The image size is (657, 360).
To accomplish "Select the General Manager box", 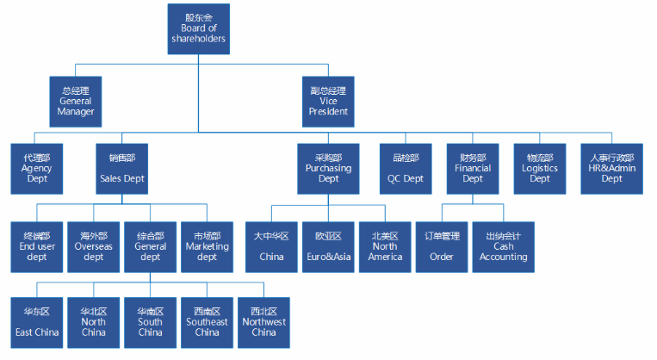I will (75, 100).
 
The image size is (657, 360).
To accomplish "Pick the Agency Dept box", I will (36, 168).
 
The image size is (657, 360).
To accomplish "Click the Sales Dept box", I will (121, 168).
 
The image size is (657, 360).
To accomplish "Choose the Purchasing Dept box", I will (328, 168).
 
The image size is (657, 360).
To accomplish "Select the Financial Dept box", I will (473, 168).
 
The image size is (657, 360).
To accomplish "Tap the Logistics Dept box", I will (540, 168).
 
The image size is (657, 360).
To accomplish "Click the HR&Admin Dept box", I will (611, 168).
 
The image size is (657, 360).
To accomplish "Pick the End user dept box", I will (36, 245).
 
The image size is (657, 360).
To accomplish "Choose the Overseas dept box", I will (93, 245).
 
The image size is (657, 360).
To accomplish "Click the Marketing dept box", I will (207, 245).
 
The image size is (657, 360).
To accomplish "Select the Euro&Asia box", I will (328, 245).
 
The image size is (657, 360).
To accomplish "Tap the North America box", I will (385, 245).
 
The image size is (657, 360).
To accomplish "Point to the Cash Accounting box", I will (504, 245).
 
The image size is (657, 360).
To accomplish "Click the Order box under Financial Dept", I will (442, 245).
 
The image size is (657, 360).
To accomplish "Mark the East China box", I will (36, 321).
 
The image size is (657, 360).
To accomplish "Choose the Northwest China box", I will (263, 321).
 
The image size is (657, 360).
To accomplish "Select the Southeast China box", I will (207, 321).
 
